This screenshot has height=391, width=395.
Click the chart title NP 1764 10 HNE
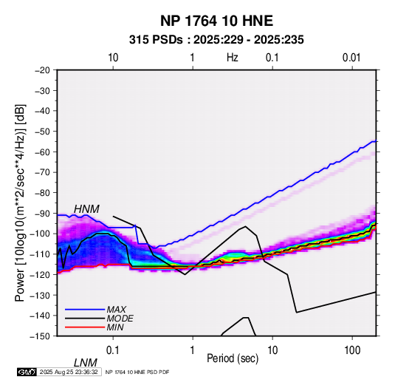[216, 21]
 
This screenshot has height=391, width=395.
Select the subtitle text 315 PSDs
[156, 40]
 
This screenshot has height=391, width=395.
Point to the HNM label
[86, 209]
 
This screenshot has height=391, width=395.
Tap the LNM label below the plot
[86, 363]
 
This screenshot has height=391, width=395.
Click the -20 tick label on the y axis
[42, 70]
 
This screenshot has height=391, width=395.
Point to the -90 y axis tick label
[42, 214]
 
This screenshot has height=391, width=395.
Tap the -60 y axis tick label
[42, 152]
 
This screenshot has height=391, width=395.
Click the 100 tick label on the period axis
[352, 350]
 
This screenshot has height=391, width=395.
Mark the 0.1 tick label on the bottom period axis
[113, 350]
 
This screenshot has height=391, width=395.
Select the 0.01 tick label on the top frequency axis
[351, 58]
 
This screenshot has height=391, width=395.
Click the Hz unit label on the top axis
[233, 58]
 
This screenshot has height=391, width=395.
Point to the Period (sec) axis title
[233, 358]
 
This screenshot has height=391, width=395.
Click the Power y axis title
[20, 203]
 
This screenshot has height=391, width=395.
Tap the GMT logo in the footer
[27, 372]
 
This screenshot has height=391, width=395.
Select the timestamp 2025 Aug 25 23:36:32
[69, 372]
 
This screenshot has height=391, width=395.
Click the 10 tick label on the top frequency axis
[113, 58]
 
